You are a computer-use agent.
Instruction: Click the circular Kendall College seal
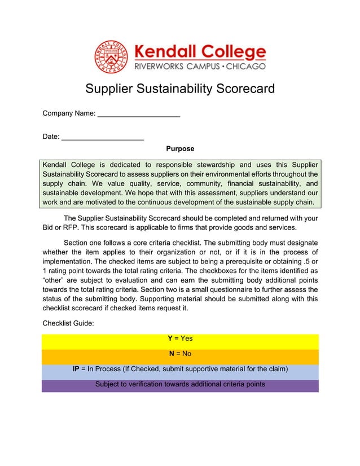click(x=111, y=57)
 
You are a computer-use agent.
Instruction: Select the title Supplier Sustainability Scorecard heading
click(x=179, y=89)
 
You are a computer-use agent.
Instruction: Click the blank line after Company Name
click(x=139, y=115)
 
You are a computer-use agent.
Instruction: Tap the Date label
click(x=51, y=136)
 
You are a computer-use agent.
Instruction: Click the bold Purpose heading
click(x=180, y=149)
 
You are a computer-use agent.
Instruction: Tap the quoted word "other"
click(x=55, y=279)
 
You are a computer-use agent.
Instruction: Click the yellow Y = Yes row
click(x=180, y=338)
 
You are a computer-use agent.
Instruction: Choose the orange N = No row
click(x=180, y=354)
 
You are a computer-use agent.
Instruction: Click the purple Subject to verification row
click(x=180, y=384)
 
